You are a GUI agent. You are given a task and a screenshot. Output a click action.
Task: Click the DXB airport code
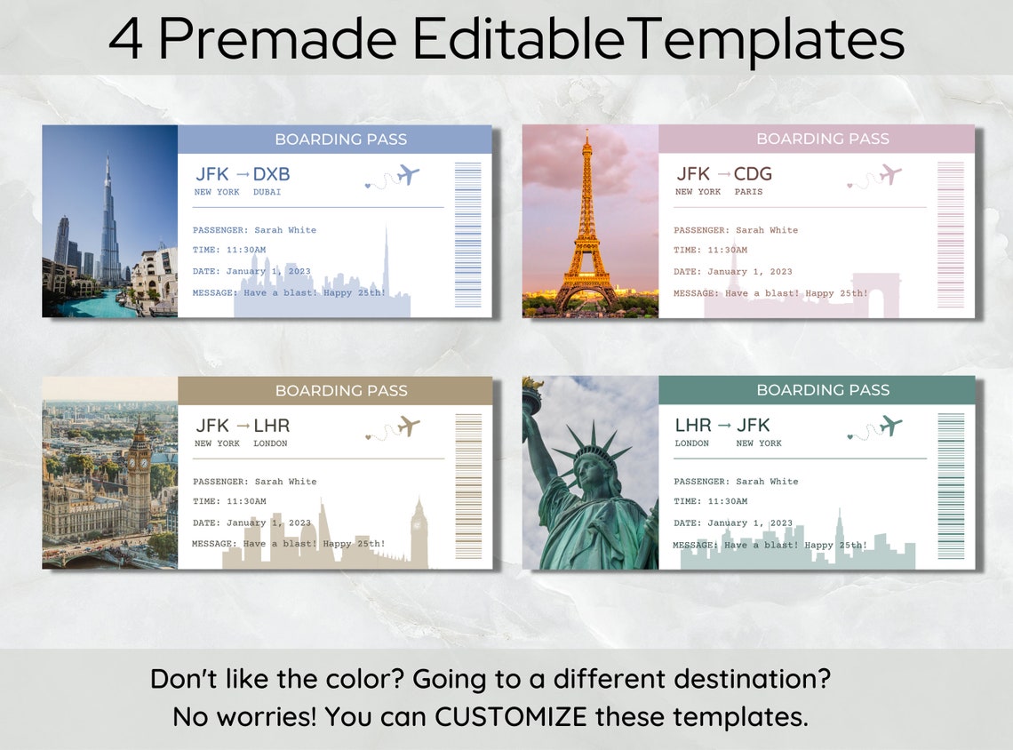271,174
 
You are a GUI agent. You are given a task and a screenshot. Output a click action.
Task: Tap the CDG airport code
753,174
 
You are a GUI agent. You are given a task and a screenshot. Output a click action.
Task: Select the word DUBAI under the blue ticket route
267,192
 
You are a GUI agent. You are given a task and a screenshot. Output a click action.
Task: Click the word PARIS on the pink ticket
748,192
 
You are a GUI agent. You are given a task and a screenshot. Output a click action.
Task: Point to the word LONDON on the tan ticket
270,443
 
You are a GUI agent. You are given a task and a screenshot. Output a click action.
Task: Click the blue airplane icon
408,174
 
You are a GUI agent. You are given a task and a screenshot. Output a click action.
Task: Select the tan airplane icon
408,426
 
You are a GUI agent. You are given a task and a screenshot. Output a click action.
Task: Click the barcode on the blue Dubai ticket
467,235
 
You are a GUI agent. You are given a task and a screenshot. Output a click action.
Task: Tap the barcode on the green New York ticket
950,486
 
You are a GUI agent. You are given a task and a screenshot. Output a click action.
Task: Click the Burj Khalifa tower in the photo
108,227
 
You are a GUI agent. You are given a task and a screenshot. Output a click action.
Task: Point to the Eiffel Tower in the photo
586,231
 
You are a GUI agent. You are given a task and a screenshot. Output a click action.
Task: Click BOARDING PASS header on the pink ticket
822,140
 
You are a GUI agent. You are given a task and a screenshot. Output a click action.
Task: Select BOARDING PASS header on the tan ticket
341,391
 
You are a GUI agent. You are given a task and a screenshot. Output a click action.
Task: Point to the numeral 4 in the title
125,39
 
